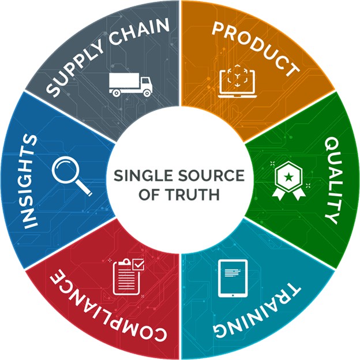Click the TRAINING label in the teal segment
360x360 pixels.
tap(257, 313)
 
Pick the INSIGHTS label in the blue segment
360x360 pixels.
tap(30, 181)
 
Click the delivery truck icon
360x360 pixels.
tap(130, 84)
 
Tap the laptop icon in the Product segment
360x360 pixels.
tap(237, 81)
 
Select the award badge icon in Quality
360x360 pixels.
tap(288, 181)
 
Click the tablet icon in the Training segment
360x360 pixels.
tap(233, 278)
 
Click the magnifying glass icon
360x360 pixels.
tap(71, 176)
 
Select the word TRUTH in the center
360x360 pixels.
tap(192, 194)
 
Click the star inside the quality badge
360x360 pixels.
tap(288, 177)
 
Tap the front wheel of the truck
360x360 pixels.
tap(147, 93)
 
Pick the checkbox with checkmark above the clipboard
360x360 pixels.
tap(138, 265)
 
